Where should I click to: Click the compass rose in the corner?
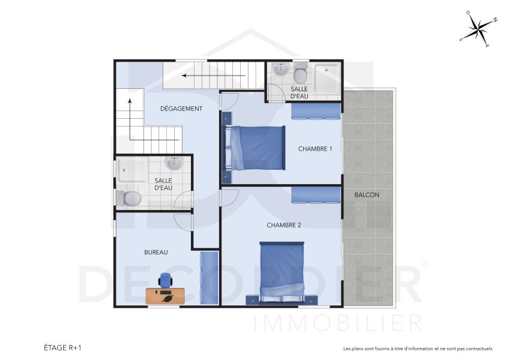tap(478, 28)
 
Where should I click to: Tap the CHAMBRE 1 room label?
tap(315, 149)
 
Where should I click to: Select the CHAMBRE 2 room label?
tap(284, 225)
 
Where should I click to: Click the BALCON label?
tap(367, 195)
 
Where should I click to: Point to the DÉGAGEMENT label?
tap(181, 109)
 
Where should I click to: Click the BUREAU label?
tap(155, 253)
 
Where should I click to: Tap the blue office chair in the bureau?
tap(165, 280)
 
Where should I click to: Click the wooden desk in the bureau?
tap(165, 296)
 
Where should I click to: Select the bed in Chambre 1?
tap(254, 148)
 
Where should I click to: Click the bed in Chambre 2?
tap(281, 272)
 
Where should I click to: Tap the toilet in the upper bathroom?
tap(300, 75)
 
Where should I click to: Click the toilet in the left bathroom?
tap(129, 197)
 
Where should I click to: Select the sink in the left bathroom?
tap(175, 164)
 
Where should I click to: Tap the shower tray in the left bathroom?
tap(132, 170)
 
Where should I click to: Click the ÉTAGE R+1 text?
tap(63, 347)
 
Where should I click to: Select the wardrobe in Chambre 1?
tap(316, 112)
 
